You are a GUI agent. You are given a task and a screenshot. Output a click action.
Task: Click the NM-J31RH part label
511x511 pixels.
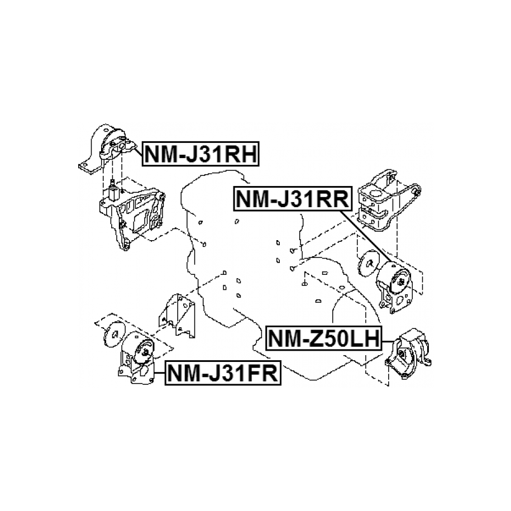(x=202, y=154)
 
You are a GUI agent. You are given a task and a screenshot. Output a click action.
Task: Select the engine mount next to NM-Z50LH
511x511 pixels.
(x=409, y=351)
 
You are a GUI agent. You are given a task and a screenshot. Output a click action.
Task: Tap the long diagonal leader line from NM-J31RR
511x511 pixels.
(x=366, y=237)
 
